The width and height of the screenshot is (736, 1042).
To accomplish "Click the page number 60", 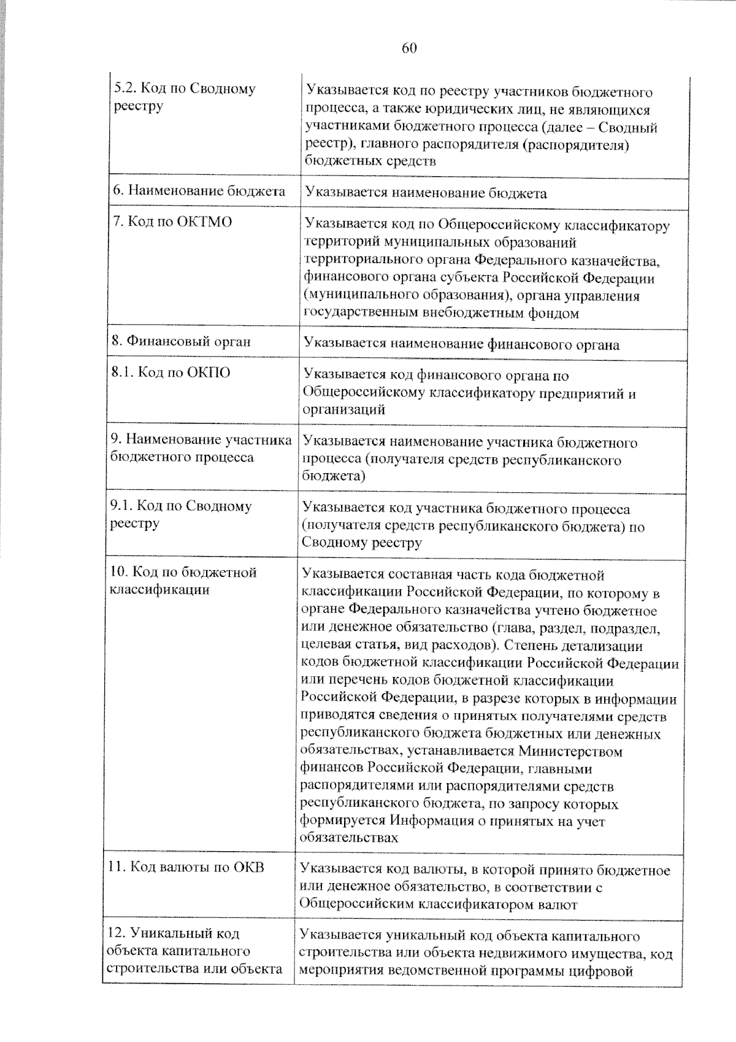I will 410,48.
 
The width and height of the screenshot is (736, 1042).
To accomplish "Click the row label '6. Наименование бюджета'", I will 199,191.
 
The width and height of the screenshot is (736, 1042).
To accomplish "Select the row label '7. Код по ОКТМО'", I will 172,222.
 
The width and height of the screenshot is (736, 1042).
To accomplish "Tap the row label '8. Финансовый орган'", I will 182,342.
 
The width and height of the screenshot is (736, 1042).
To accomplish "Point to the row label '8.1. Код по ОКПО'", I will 171,372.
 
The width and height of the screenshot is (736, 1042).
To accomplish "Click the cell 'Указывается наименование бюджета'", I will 426,193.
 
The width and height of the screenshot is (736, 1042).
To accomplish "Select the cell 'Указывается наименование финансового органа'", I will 461,345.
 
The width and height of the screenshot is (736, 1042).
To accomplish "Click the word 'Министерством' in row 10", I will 570,751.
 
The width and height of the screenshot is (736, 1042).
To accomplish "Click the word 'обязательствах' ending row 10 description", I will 350,838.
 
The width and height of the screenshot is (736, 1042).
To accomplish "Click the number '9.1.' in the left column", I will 120,506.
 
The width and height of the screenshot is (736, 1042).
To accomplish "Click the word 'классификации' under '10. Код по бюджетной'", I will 159,590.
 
